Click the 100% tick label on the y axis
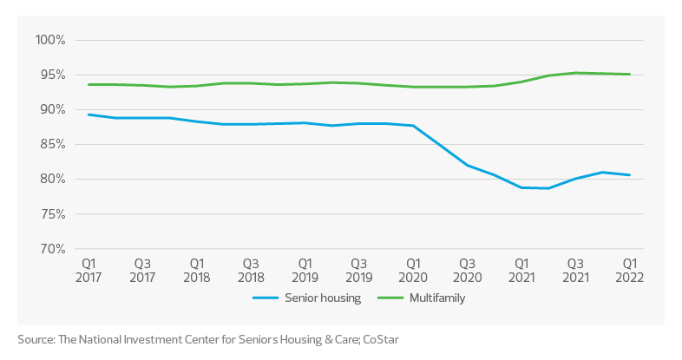coord(50,40)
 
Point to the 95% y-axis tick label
coord(52,75)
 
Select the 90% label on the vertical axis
coord(52,109)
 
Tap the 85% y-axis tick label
coord(52,144)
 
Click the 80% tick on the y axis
coord(52,179)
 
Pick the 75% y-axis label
coord(52,213)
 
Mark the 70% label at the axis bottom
coord(52,249)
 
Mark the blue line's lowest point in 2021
coord(545,189)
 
